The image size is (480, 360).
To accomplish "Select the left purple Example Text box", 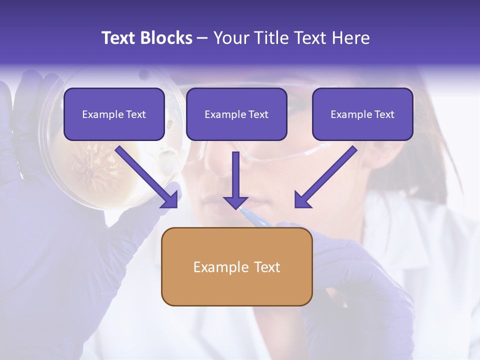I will point(114,114).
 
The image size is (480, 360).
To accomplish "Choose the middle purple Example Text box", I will point(236,114).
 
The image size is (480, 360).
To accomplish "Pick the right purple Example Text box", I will point(362,114).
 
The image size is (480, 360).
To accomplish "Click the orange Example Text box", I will point(236,266).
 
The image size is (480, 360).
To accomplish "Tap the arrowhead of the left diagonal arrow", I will point(170,200).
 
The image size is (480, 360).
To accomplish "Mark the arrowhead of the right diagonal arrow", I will point(302,200).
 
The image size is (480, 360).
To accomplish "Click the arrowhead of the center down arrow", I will point(235,202).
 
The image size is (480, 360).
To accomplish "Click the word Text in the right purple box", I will point(384,114).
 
